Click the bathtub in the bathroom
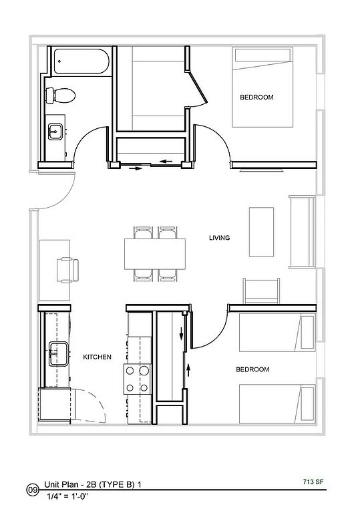coord(81,61)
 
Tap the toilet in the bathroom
coord(61,96)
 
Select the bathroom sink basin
coord(55,132)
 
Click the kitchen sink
coord(59,353)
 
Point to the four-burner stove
coord(137,379)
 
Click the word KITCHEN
coord(98,357)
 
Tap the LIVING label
coord(219,238)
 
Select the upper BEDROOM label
coord(256,97)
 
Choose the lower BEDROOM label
coord(252,369)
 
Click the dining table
coord(155,254)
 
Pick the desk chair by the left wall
coord(67,270)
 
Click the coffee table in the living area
coord(262,232)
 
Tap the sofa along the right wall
coord(302,232)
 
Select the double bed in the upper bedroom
coord(262,87)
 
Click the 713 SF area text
coord(313,482)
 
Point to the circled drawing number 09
coord(33,490)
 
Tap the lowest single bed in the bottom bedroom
coord(278,403)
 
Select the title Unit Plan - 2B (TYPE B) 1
coord(93,484)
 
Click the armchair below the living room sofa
coord(261,291)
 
